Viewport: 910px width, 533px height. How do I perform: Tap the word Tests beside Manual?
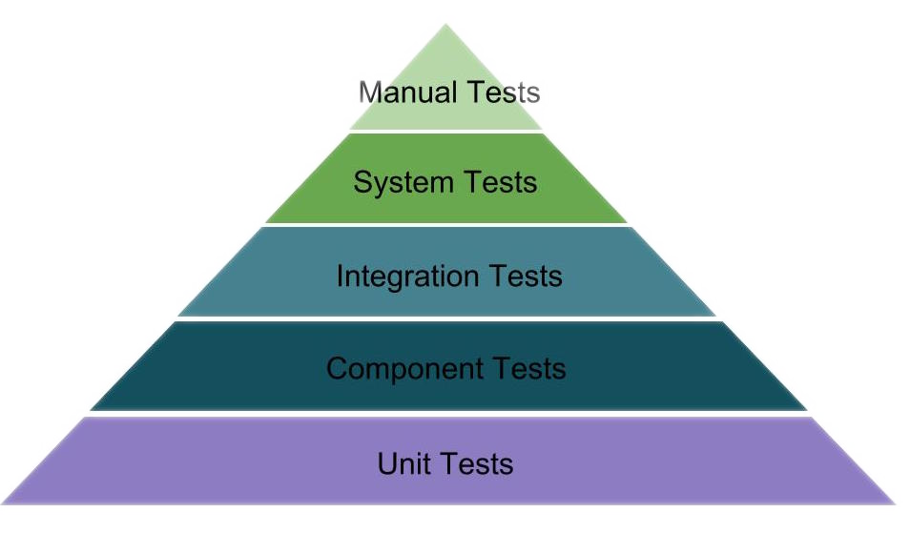[x=504, y=92]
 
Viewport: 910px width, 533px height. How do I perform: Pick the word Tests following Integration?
[x=526, y=277]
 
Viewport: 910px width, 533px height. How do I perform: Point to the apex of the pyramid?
[x=445, y=26]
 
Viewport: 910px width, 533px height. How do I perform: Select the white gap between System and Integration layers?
[x=446, y=225]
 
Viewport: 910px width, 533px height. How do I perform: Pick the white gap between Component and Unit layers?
[x=446, y=414]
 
